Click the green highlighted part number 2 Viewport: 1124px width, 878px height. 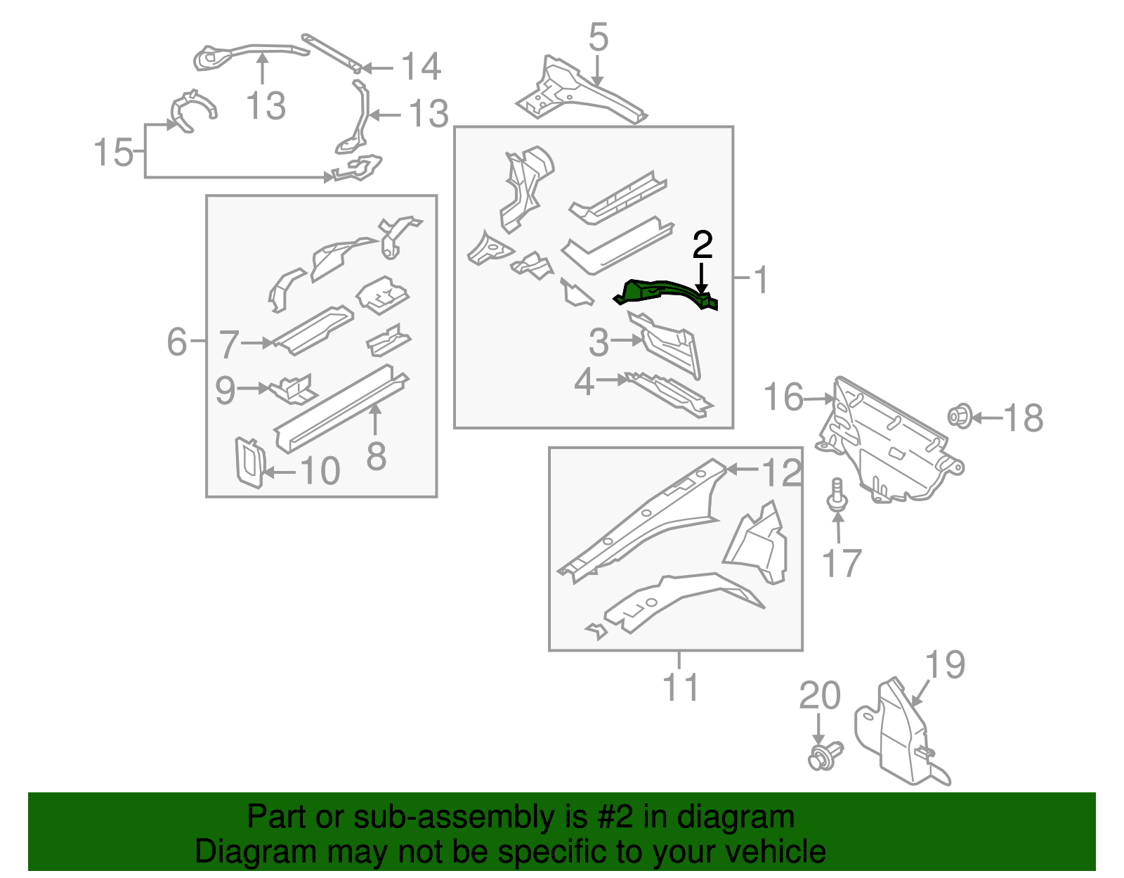click(664, 293)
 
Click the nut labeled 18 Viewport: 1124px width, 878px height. click(960, 416)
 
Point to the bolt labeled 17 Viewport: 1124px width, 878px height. click(837, 496)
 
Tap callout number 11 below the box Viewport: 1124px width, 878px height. click(680, 687)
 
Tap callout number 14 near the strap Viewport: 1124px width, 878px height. click(420, 67)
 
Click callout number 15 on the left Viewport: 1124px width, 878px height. click(113, 152)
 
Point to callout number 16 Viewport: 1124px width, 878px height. click(783, 397)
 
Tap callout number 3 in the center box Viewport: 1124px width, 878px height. click(598, 342)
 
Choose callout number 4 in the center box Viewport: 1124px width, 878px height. click(584, 382)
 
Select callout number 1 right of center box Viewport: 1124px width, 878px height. click(760, 280)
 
